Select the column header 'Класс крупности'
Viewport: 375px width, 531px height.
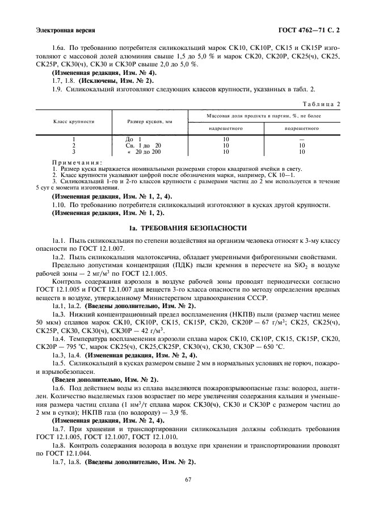point(74,122)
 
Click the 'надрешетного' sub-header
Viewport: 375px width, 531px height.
point(226,128)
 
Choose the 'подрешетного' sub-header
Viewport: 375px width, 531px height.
point(301,128)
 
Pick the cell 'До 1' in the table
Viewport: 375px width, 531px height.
point(133,140)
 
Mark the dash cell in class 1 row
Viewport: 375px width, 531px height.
point(301,140)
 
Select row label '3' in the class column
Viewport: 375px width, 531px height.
point(74,152)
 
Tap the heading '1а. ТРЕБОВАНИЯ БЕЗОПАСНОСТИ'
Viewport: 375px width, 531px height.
point(187,228)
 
